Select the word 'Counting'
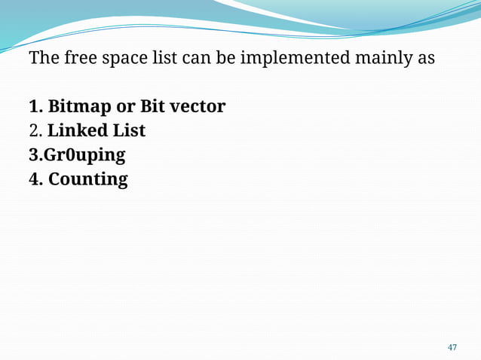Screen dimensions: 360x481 pyautogui.click(x=88, y=180)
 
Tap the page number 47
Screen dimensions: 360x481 pyautogui.click(x=452, y=347)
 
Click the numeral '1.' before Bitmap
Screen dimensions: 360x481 pyautogui.click(x=35, y=107)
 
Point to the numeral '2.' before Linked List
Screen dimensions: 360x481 pyautogui.click(x=35, y=131)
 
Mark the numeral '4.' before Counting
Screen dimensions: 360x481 pyautogui.click(x=35, y=180)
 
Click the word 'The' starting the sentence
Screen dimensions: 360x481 pyautogui.click(x=41, y=58)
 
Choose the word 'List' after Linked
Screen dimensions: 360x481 pyautogui.click(x=129, y=131)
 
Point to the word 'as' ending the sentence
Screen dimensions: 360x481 pyautogui.click(x=426, y=59)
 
